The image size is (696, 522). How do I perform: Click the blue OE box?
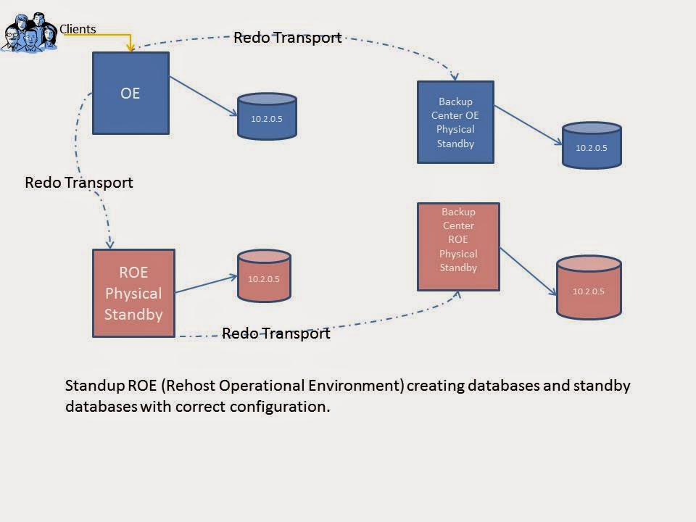click(x=130, y=93)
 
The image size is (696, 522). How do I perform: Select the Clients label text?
click(x=78, y=30)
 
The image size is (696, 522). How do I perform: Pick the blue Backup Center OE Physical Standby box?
click(x=455, y=122)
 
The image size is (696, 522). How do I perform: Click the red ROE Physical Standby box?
click(x=133, y=293)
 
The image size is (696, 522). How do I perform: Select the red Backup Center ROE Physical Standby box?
click(x=458, y=246)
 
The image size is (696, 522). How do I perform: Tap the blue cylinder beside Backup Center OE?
click(x=591, y=146)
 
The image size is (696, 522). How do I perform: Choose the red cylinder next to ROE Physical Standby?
click(x=264, y=276)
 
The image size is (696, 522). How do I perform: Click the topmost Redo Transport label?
click(x=287, y=38)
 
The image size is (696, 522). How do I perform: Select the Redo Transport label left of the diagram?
click(x=79, y=183)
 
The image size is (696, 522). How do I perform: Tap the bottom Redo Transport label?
click(x=275, y=333)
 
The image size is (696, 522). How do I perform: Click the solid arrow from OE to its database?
click(x=203, y=95)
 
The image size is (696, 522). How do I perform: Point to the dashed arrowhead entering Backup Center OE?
click(x=455, y=76)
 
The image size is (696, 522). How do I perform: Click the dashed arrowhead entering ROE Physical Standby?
click(x=110, y=244)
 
